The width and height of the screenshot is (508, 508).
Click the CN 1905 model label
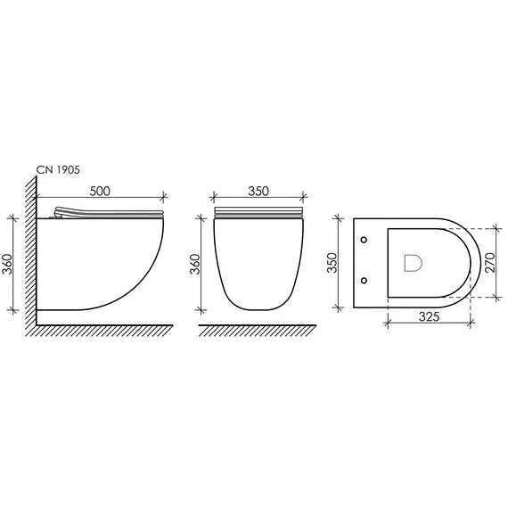58,169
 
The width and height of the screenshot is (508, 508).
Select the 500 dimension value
100,191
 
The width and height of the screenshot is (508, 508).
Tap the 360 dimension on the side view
7,264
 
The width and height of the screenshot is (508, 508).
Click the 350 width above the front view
258,191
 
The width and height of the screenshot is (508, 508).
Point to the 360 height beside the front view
195,264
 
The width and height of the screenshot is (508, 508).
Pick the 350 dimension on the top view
332,263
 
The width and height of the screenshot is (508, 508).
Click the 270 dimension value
490,262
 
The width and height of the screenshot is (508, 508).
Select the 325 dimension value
429,316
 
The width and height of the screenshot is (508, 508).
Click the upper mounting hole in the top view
364,240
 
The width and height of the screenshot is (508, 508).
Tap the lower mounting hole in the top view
364,280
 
